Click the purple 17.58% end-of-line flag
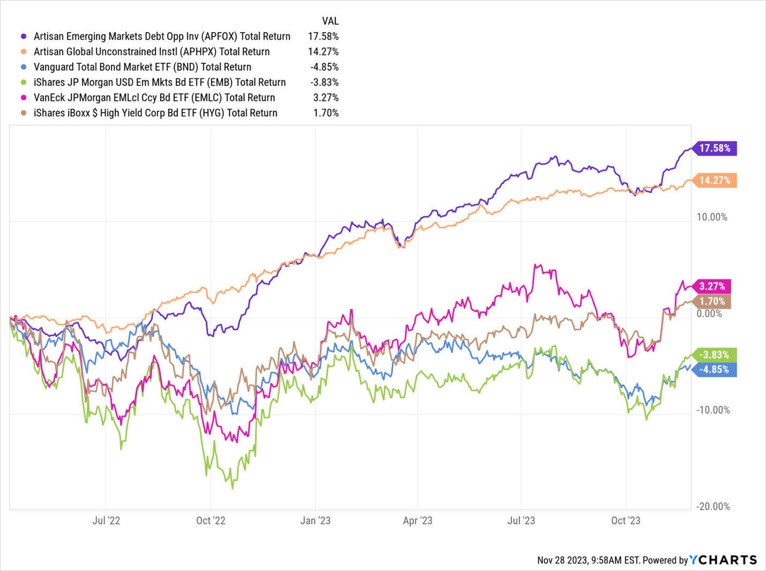coord(715,148)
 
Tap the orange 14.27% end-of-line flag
coord(715,180)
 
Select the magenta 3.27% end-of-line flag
coord(712,286)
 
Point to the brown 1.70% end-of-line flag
coord(712,301)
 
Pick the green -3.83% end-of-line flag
coord(715,354)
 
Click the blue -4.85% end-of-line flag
coord(715,369)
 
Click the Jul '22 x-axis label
coord(106,521)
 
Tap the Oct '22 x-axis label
coord(211,521)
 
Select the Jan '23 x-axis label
coord(316,521)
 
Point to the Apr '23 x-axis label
coord(417,521)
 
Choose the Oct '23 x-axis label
coord(626,521)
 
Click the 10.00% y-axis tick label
coord(712,217)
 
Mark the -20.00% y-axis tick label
coord(713,507)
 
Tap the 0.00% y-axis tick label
coord(709,314)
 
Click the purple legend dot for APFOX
coord(24,36)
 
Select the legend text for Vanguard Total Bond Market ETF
coord(142,67)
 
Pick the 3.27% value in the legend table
coord(326,98)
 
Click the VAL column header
coord(330,21)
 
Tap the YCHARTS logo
coord(723,560)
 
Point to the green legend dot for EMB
coord(24,83)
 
